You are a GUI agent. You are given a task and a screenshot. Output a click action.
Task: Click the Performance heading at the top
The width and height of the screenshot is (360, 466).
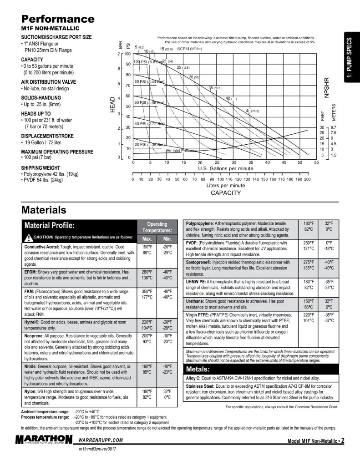click(x=58, y=19)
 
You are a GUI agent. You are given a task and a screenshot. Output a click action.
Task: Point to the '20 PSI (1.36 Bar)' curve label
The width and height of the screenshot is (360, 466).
click(x=149, y=144)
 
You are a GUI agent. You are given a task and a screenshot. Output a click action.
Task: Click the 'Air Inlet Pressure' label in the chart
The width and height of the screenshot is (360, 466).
click(x=182, y=151)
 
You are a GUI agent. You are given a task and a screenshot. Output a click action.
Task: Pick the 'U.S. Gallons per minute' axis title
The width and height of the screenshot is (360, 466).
click(x=225, y=168)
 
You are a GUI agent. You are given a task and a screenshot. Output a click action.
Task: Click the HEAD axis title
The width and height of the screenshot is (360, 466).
click(x=112, y=105)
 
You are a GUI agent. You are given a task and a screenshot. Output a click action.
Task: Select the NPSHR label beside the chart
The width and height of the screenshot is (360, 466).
click(x=326, y=86)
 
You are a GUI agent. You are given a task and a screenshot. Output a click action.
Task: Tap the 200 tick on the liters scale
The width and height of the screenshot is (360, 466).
click(x=307, y=179)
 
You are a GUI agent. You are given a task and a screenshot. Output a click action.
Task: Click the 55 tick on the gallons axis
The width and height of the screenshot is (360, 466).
click(x=316, y=162)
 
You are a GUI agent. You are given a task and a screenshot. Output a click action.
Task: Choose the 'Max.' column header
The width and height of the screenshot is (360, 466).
click(x=147, y=239)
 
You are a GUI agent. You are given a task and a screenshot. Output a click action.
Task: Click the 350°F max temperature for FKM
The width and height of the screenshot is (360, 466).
click(x=147, y=291)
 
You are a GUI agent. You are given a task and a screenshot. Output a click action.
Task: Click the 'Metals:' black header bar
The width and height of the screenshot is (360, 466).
click(x=197, y=369)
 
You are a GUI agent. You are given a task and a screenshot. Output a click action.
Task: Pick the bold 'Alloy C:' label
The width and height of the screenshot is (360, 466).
click(x=195, y=378)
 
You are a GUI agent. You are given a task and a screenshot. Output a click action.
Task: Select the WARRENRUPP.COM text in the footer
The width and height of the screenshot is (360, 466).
click(x=101, y=441)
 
